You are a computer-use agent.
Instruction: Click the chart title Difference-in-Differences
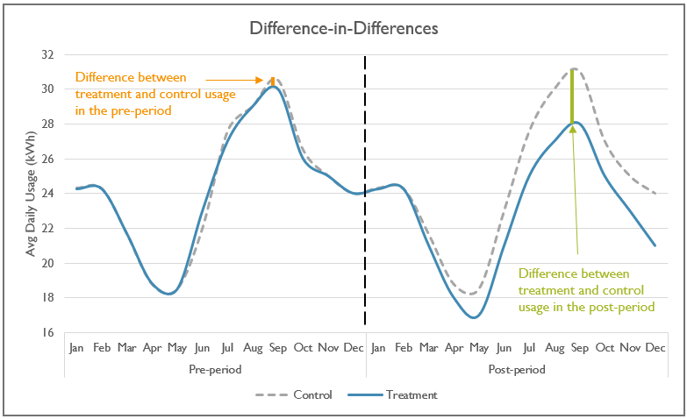344,28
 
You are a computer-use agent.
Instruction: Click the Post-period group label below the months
516,370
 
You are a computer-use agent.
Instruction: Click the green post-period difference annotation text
582,289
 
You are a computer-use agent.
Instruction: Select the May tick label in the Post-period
478,348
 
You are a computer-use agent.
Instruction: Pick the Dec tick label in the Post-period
655,348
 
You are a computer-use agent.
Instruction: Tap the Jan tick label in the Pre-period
76,348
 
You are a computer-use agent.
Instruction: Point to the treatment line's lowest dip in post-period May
474,317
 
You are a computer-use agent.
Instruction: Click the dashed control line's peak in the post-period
573,68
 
